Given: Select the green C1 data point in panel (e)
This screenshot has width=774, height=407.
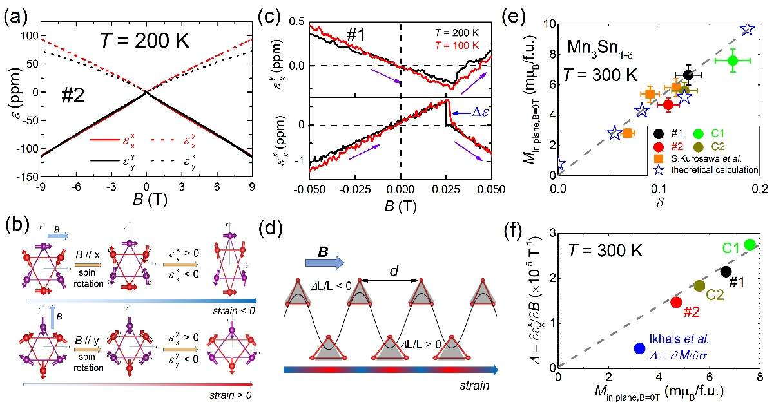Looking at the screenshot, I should coord(733,61).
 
